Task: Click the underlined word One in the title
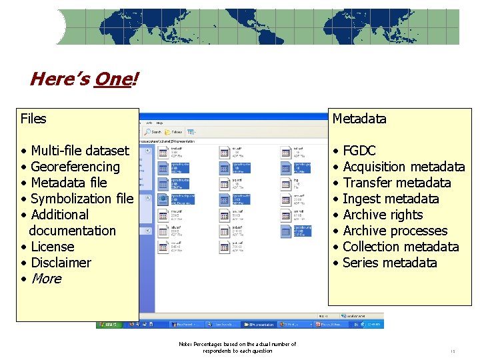click(113, 80)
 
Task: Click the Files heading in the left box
click(33, 119)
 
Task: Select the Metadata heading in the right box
click(359, 119)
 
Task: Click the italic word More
click(46, 279)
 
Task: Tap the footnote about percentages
click(237, 347)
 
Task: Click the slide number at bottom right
click(452, 351)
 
